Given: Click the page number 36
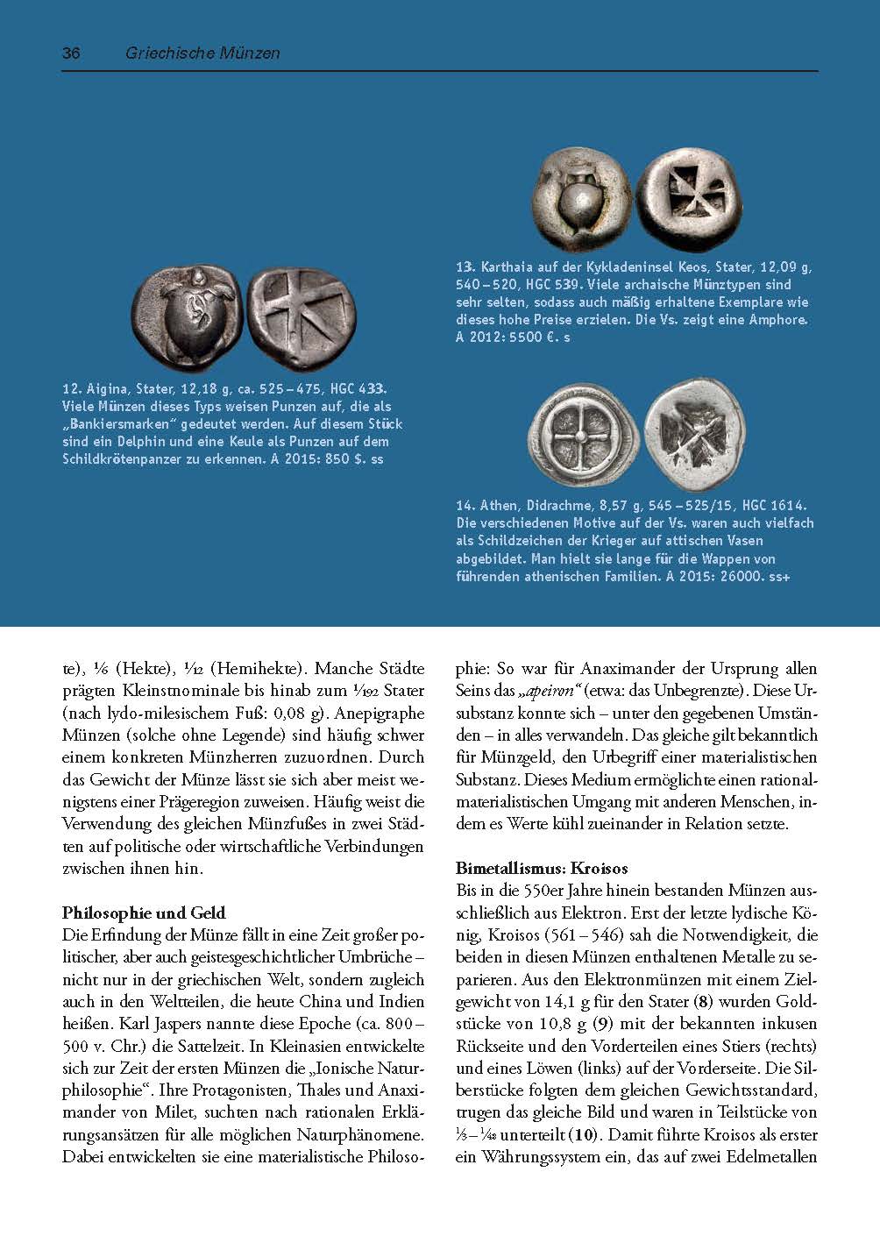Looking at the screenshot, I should pos(71,53).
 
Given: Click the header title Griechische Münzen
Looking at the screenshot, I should pos(202,53).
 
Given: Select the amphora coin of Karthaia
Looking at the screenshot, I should pos(583,199).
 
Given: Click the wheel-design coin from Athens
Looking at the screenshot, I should pos(582,436).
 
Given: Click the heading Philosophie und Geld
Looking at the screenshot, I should pos(144,913).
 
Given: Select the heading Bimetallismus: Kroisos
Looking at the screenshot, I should pos(542,869).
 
